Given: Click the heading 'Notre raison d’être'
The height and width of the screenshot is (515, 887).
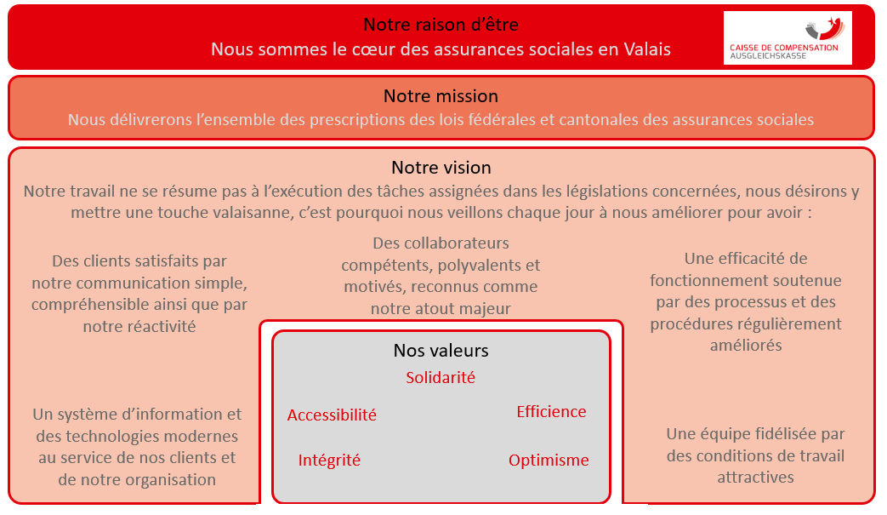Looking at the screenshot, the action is pos(441,25).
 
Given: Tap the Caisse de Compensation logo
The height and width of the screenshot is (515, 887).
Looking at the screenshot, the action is pos(787,38).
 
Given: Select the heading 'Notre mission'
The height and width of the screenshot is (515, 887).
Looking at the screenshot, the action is pos(441,96).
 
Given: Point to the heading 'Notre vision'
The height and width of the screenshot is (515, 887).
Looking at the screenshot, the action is pos(441,168).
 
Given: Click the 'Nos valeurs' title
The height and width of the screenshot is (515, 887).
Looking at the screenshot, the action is pos(441,351).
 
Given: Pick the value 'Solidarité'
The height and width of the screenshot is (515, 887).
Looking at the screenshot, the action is pos(441,377).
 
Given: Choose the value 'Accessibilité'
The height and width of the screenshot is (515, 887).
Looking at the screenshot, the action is pos(332,415).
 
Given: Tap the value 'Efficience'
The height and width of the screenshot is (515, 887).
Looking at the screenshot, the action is pos(551,411).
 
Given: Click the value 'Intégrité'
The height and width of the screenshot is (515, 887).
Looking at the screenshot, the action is pos(329,461).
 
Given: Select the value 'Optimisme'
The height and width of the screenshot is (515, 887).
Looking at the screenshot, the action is pos(549,461).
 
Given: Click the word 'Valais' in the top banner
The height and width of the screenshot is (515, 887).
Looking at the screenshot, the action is pos(647,49).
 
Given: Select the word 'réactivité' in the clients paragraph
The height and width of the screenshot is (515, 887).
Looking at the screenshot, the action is pos(139,327).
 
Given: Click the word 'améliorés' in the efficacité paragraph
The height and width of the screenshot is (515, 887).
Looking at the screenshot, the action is pos(746,346).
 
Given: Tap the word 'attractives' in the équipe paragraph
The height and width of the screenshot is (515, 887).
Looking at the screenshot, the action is pos(755,478).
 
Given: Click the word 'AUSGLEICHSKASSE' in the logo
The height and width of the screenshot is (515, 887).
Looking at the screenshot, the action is pos(768,56).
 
